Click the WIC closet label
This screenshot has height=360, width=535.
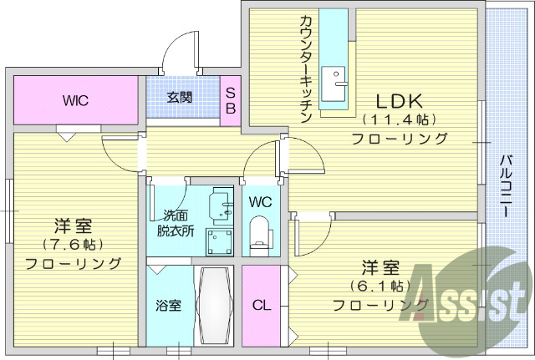(75, 100)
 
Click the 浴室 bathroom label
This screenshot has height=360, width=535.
(168, 305)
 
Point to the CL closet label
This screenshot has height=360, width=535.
(262, 305)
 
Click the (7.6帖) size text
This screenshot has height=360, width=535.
(72, 245)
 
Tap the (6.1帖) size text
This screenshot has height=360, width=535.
(380, 286)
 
